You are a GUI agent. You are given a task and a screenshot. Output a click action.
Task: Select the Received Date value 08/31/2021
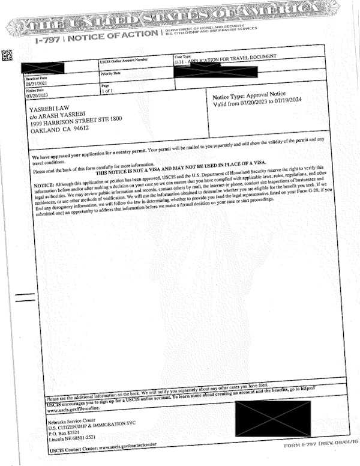tap(37, 85)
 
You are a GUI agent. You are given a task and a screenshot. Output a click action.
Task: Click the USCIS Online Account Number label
tap(124, 60)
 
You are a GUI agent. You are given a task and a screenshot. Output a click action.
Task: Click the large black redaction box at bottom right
tap(272, 419)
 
